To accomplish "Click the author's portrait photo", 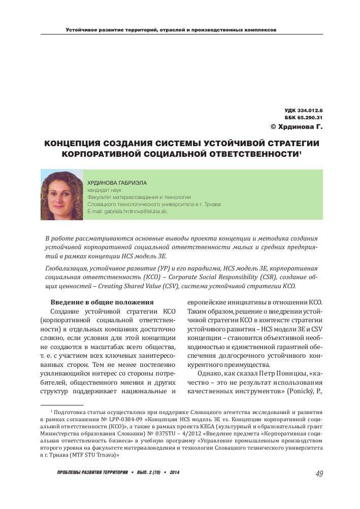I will point(61,194).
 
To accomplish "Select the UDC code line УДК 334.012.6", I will point(304,110).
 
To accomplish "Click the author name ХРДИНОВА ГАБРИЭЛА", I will point(113,182).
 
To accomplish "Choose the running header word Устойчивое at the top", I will point(81,30).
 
